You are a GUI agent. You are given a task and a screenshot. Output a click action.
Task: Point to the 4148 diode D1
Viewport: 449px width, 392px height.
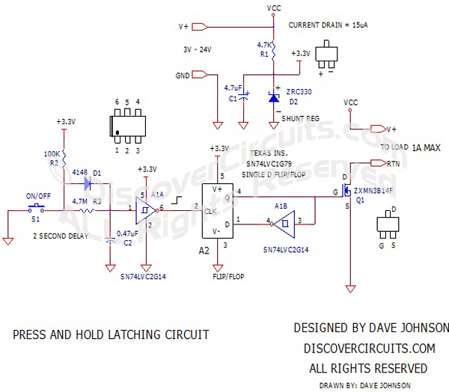(89, 182)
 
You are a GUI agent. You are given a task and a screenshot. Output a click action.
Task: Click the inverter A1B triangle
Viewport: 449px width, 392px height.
(283, 221)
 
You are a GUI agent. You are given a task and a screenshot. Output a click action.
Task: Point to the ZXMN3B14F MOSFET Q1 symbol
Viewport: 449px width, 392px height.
(346, 192)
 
